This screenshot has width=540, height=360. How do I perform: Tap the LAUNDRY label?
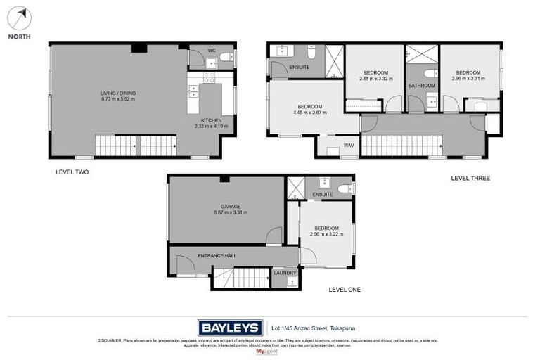coord(285,272)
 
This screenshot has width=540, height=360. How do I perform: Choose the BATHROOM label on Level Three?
coord(422,86)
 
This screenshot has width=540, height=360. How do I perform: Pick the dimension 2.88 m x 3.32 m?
coord(375,79)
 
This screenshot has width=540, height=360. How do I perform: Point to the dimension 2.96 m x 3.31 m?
coord(468,79)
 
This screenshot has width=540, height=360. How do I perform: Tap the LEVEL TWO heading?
coord(72,172)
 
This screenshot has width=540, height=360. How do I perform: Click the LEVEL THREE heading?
coord(470,179)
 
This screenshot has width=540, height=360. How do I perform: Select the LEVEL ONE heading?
coord(345,289)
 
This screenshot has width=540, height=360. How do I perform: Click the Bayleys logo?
coord(230,327)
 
